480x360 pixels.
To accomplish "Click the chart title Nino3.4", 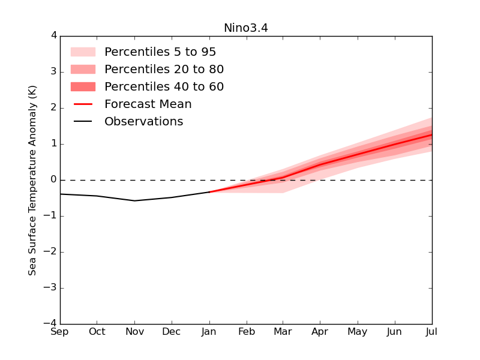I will pos(246,28).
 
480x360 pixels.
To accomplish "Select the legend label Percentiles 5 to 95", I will pos(160,52).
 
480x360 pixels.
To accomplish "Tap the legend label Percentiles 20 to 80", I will pos(164,70).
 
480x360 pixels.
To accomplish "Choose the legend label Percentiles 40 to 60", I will pos(164,87).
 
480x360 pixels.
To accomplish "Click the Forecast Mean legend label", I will pos(148,104).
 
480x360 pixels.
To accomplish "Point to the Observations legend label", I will pos(143,122).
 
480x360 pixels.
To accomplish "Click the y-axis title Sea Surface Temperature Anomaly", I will pos(32,180).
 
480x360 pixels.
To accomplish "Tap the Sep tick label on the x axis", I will pos(60,332).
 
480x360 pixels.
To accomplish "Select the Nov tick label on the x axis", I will pos(134,332).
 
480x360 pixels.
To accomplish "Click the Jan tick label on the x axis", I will pos(209,332).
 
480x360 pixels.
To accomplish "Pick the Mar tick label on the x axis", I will pos(283,332).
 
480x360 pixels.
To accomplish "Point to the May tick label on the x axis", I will pos(358,332).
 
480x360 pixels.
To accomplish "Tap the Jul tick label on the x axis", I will pos(431,332).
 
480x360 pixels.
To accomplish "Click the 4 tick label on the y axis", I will pos(54,36).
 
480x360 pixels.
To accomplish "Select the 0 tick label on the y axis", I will pos(54,180).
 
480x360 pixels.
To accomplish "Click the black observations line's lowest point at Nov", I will pos(134,200).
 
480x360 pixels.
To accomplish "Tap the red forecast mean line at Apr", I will pos(320,164).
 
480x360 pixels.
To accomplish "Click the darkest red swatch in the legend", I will pos(83,87).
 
